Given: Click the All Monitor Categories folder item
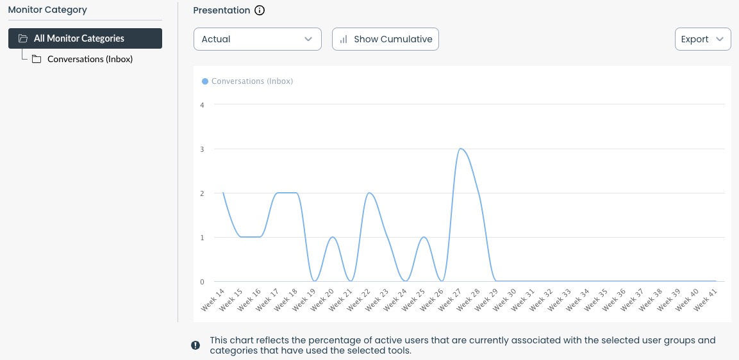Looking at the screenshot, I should [x=85, y=38].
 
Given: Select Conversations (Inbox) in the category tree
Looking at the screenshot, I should [x=90, y=59].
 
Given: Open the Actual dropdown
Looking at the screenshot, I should [x=257, y=39].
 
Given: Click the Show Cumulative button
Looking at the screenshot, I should [x=385, y=39].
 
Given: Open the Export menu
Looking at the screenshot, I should [x=702, y=39].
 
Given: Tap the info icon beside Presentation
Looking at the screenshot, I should [x=260, y=10].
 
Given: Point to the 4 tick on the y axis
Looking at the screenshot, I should [x=202, y=105].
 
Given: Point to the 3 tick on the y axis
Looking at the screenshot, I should [x=202, y=149].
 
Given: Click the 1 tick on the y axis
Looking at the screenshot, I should [x=202, y=238].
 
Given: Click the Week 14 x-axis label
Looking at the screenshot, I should [x=214, y=299].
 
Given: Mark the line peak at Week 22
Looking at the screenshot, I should [x=369, y=193].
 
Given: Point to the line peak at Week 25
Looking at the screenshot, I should [x=423, y=237].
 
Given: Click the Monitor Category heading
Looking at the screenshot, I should [x=47, y=10].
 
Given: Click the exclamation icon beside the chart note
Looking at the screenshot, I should [x=195, y=345].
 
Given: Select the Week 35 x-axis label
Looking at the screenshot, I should [x=597, y=299].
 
